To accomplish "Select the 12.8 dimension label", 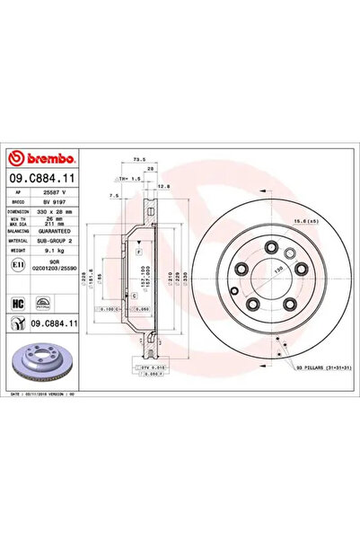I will [164, 186].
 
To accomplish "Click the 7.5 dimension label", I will [112, 193].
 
